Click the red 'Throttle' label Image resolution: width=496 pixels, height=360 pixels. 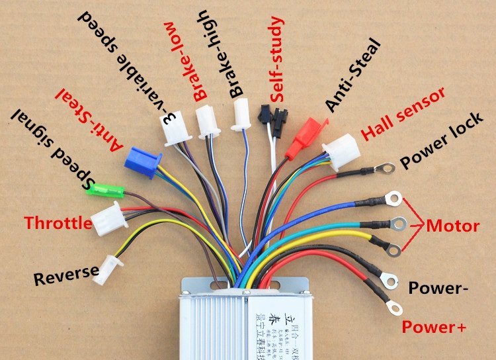tap(58, 223)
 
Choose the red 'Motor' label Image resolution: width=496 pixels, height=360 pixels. tap(453, 226)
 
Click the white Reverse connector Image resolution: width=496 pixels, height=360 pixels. tap(108, 270)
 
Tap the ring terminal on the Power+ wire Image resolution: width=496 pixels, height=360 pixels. tap(395, 306)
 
